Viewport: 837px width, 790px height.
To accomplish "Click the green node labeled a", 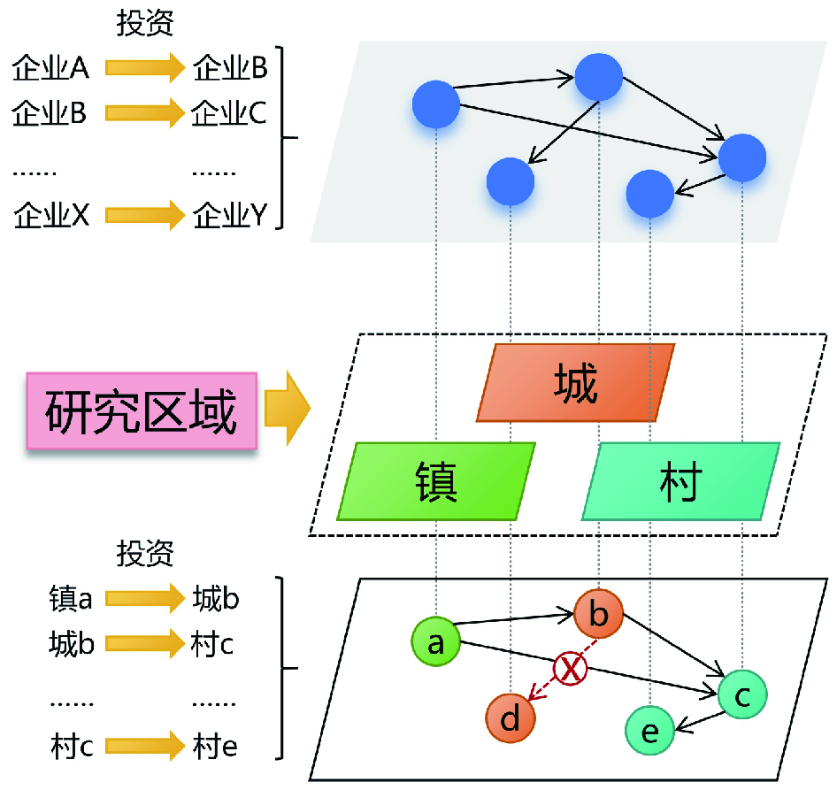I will (x=435, y=640).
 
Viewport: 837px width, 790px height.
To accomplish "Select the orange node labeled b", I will (x=599, y=612).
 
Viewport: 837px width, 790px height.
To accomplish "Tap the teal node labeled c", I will (x=743, y=695).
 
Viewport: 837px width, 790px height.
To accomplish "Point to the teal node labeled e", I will (x=649, y=731).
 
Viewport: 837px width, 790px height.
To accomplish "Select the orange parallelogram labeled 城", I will (x=575, y=383).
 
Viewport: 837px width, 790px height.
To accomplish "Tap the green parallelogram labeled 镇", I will (x=436, y=480).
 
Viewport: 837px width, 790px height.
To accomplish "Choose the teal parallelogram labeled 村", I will (x=680, y=480).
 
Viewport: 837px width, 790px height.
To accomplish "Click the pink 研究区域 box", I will (x=141, y=413).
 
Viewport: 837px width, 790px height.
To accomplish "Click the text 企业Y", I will (x=229, y=214).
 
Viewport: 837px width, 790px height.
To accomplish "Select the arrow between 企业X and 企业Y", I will (x=142, y=214).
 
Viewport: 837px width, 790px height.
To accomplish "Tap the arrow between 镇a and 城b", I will (x=142, y=600).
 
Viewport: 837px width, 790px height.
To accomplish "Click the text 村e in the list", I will (x=214, y=748).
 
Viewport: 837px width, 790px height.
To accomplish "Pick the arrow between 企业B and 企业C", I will (x=142, y=113).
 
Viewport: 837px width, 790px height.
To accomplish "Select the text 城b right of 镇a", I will (x=216, y=600).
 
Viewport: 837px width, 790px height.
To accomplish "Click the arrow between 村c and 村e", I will (x=142, y=748).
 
